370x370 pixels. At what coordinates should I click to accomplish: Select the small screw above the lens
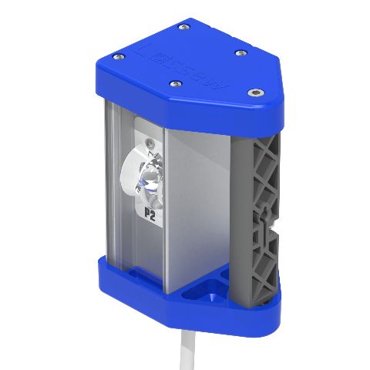tap(149, 143)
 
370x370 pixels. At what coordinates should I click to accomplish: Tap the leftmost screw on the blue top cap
tap(117, 56)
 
